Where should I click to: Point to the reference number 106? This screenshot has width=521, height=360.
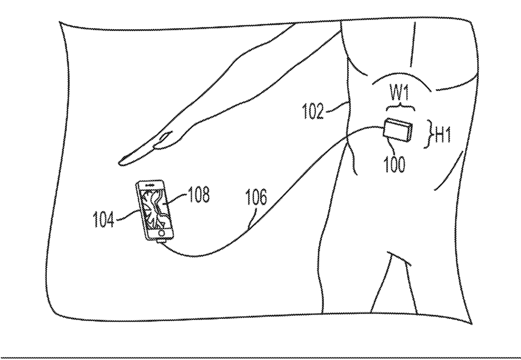pyautogui.click(x=256, y=198)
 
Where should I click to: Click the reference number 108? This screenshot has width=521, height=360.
pyautogui.click(x=197, y=195)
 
